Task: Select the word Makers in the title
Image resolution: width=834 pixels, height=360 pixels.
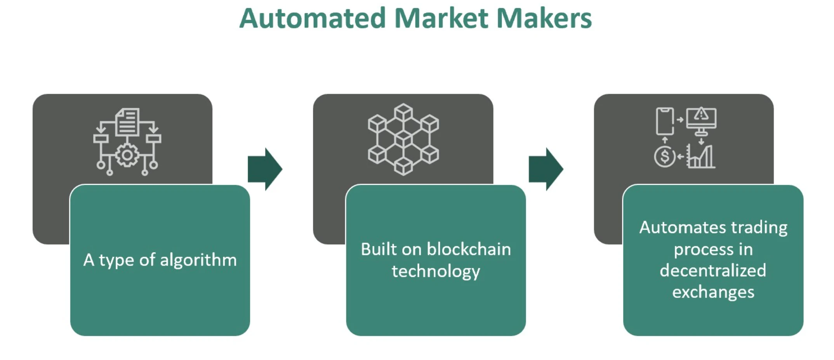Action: coord(544,18)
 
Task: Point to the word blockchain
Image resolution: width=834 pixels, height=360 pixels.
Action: coord(469,249)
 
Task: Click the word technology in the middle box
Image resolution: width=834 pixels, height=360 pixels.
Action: coord(436,271)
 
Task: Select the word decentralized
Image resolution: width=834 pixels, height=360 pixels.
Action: coord(713,270)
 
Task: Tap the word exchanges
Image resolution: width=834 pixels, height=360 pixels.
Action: coord(713,292)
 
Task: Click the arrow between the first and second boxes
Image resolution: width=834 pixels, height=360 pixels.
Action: coord(265,169)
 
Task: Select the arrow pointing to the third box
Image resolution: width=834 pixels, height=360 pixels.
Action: coord(546,169)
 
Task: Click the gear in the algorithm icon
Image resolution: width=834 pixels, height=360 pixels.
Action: coord(127,155)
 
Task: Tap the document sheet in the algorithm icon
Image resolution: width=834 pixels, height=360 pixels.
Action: coord(127,122)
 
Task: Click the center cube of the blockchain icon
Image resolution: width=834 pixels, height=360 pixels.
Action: coord(403,139)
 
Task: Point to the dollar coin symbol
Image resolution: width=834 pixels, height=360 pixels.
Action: coord(665,157)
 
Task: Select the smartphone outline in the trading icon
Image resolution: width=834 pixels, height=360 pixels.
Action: coord(664,121)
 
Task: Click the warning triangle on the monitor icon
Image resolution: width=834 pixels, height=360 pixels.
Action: coord(701,114)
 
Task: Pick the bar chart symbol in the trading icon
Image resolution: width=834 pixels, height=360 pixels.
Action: coord(701,157)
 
